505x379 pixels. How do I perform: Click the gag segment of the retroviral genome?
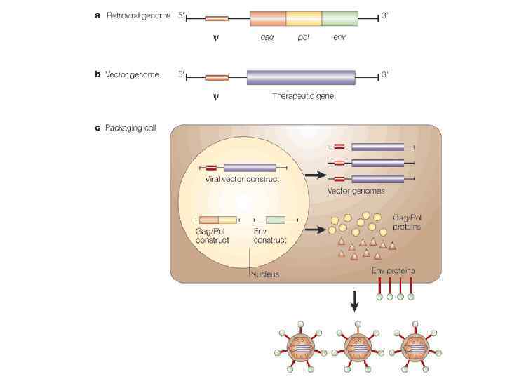(268, 19)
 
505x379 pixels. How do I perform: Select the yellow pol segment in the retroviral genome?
(304, 19)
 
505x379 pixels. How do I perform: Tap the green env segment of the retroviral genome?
(339, 19)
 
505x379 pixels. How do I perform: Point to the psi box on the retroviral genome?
(216, 19)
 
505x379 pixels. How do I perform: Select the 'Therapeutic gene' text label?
(302, 96)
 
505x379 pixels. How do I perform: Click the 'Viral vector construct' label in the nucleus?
(242, 180)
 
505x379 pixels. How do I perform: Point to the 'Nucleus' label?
(264, 274)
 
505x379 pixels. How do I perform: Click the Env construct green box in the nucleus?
(274, 220)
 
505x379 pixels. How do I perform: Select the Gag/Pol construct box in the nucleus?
(217, 220)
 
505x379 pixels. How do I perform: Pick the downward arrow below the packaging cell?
(354, 300)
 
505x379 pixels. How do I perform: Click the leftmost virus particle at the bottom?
(301, 346)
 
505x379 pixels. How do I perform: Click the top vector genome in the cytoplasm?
(376, 147)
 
